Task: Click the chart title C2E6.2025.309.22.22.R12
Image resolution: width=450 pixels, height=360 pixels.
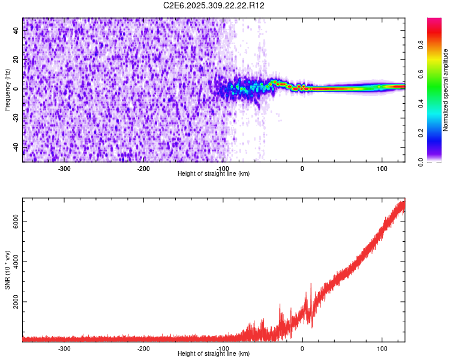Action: (x=214, y=5)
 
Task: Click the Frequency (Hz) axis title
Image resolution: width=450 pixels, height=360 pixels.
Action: (x=7, y=90)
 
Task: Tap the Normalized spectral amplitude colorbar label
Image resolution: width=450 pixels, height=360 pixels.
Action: (x=445, y=91)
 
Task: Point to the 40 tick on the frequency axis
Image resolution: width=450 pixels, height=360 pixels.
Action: (x=16, y=31)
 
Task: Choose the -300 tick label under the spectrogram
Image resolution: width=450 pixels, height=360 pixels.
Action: (x=64, y=168)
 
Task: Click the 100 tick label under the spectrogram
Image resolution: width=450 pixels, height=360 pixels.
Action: (x=382, y=168)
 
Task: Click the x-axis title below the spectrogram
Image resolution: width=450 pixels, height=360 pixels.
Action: (x=214, y=173)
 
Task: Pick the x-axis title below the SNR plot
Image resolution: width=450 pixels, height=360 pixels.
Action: (x=214, y=354)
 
